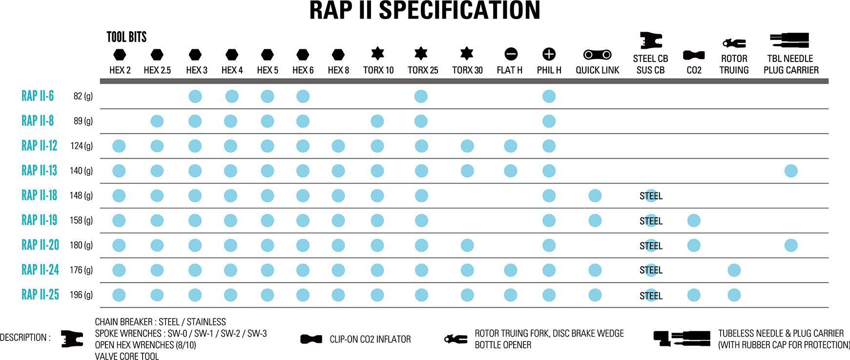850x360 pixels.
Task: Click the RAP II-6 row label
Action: click(38, 96)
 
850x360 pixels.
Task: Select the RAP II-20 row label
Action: click(40, 245)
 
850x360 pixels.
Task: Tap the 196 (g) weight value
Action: click(81, 295)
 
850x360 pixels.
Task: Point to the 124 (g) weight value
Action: click(81, 146)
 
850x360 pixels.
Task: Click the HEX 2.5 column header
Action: click(157, 70)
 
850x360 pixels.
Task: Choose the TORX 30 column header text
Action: click(467, 70)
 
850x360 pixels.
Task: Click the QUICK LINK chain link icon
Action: click(597, 54)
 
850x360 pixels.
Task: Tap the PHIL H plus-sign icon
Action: click(549, 54)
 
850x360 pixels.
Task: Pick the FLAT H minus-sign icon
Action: click(510, 54)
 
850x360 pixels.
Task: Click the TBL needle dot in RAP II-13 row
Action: click(791, 171)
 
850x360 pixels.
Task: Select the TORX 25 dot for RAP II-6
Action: click(421, 96)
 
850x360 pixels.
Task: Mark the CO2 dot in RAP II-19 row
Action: click(694, 220)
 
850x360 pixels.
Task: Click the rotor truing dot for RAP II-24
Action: click(734, 270)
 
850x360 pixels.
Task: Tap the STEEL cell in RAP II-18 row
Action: click(651, 196)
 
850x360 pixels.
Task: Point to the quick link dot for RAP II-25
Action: click(595, 295)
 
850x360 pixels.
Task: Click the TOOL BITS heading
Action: click(126, 37)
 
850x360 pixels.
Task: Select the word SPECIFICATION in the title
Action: click(459, 10)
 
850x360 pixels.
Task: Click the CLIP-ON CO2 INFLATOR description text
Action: click(370, 339)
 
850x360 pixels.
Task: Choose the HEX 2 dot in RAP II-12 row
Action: click(119, 146)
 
